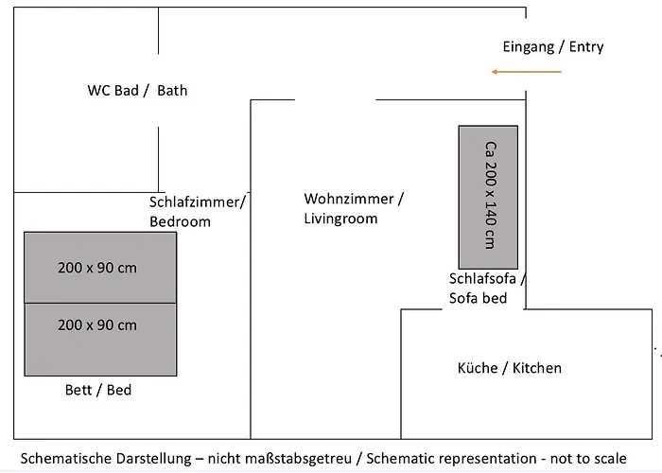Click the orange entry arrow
pos(526,72)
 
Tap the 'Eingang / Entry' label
pos(553,46)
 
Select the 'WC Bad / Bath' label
pos(137,91)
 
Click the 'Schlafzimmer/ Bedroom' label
pos(197,211)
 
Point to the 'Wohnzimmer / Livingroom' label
pos(354,208)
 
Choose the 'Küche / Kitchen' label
pos(509,367)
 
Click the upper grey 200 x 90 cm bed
pos(100,267)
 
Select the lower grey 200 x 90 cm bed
pos(100,325)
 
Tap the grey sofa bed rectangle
pos(488,197)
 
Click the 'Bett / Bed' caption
pos(98,389)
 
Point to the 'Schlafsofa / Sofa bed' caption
pos(486,289)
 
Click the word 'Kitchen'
pos(536,367)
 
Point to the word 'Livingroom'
pos(340,219)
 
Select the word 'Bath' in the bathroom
pos(172,91)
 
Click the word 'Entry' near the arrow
pos(586,46)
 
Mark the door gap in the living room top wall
pos(336,99)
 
